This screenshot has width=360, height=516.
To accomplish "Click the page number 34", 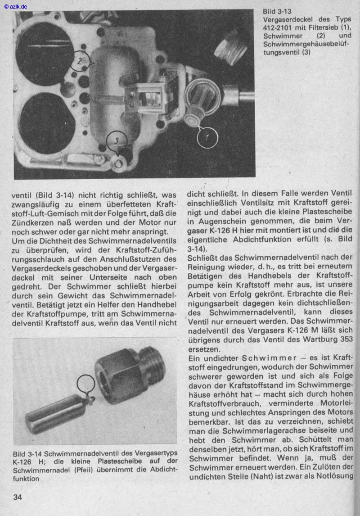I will click(18, 497).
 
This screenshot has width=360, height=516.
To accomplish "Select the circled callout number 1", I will click(207, 137).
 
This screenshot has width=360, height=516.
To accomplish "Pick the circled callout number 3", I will click(117, 141).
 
